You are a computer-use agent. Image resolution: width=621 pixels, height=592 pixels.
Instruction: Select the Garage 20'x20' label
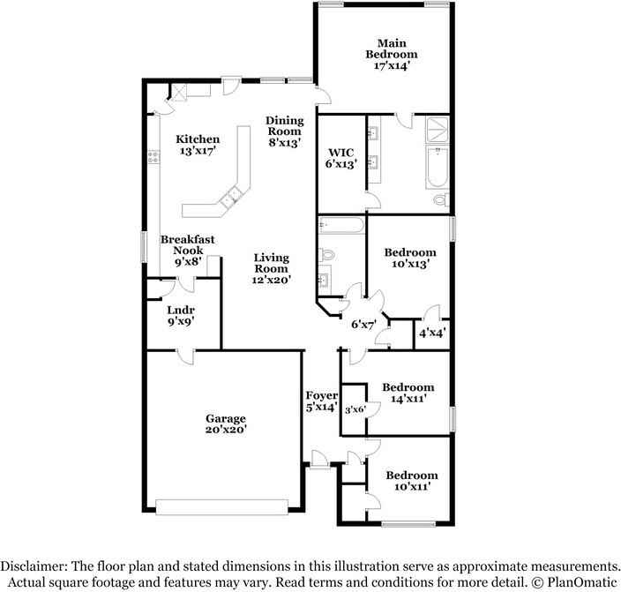226,423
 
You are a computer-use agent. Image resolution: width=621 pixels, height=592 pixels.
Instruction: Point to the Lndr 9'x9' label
180,316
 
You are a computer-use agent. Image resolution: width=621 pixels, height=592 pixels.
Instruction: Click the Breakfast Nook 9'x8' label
186,250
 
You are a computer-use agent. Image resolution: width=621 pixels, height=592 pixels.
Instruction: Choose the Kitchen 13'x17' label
197,145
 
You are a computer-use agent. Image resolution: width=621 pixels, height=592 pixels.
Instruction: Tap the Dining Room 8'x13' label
285,131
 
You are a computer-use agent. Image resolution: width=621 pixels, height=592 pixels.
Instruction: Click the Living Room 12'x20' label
272,268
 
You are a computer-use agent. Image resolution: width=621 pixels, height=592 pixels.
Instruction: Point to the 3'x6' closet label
354,409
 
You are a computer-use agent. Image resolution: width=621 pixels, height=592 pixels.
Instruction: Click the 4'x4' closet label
432,333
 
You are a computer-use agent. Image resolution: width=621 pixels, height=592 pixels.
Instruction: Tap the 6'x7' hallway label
363,325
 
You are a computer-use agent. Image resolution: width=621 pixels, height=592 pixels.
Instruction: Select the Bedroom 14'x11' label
408,393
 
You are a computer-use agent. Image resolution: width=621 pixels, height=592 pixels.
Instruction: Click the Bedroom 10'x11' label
411,481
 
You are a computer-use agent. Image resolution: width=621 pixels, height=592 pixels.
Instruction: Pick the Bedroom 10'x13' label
410,258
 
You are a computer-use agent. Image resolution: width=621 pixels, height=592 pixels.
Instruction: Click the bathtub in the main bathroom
438,169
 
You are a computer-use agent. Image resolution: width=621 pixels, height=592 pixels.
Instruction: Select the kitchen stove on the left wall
153,160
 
